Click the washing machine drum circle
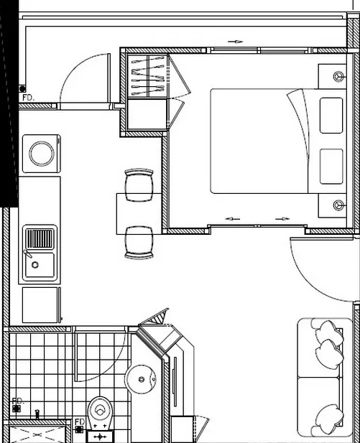[x=42, y=154]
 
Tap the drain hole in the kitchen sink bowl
[x=35, y=265]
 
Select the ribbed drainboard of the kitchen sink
[x=40, y=238]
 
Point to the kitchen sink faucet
[x=27, y=253]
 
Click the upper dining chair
[x=139, y=185]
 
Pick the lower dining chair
[x=139, y=243]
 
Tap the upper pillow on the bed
[x=331, y=116]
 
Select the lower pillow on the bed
[x=331, y=167]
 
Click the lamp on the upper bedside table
[x=338, y=76]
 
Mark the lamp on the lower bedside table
[x=338, y=205]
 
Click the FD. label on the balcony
[x=28, y=98]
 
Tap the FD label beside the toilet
[x=80, y=421]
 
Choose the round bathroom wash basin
[x=141, y=379]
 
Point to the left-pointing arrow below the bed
[x=233, y=219]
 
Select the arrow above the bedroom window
[x=235, y=42]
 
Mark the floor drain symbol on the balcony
[x=22, y=89]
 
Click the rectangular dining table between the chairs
[x=139, y=214]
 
